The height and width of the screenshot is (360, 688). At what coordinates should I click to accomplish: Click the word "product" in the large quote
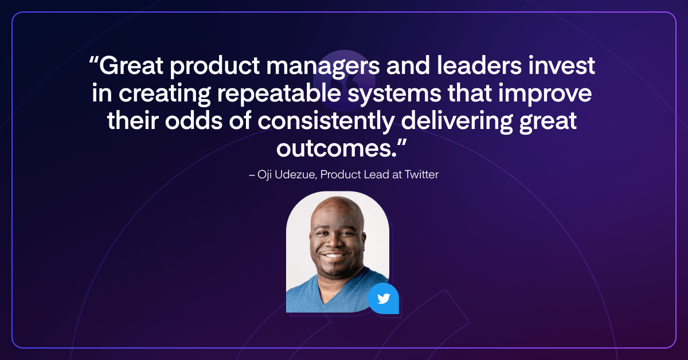pyautogui.click(x=215, y=66)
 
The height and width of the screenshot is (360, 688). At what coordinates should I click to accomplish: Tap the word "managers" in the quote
pyautogui.click(x=323, y=66)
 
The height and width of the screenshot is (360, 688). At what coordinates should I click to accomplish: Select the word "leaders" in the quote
pyautogui.click(x=479, y=65)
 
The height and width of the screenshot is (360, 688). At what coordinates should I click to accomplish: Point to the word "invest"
pyautogui.click(x=562, y=65)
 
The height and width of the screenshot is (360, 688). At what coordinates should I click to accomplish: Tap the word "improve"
pyautogui.click(x=545, y=93)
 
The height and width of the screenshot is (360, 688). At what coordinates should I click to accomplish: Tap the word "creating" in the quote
pyautogui.click(x=165, y=93)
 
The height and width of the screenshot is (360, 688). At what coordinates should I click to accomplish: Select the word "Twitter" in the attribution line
pyautogui.click(x=421, y=174)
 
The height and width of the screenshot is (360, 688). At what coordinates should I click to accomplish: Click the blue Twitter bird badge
pyautogui.click(x=384, y=298)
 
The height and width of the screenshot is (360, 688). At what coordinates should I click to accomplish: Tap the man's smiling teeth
pyautogui.click(x=334, y=256)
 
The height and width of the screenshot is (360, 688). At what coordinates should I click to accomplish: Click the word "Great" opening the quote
pyautogui.click(x=131, y=65)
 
